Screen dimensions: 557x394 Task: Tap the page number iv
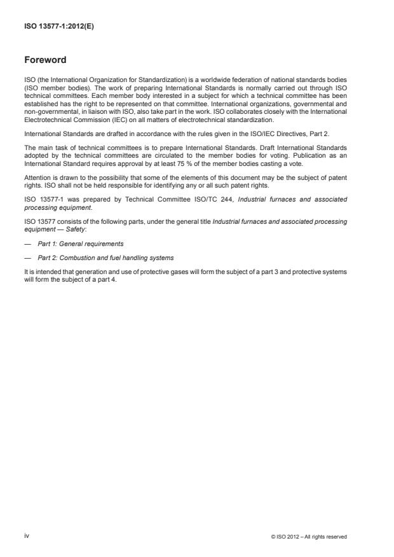tap(27, 537)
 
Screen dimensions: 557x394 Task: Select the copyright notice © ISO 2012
tap(308, 537)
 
